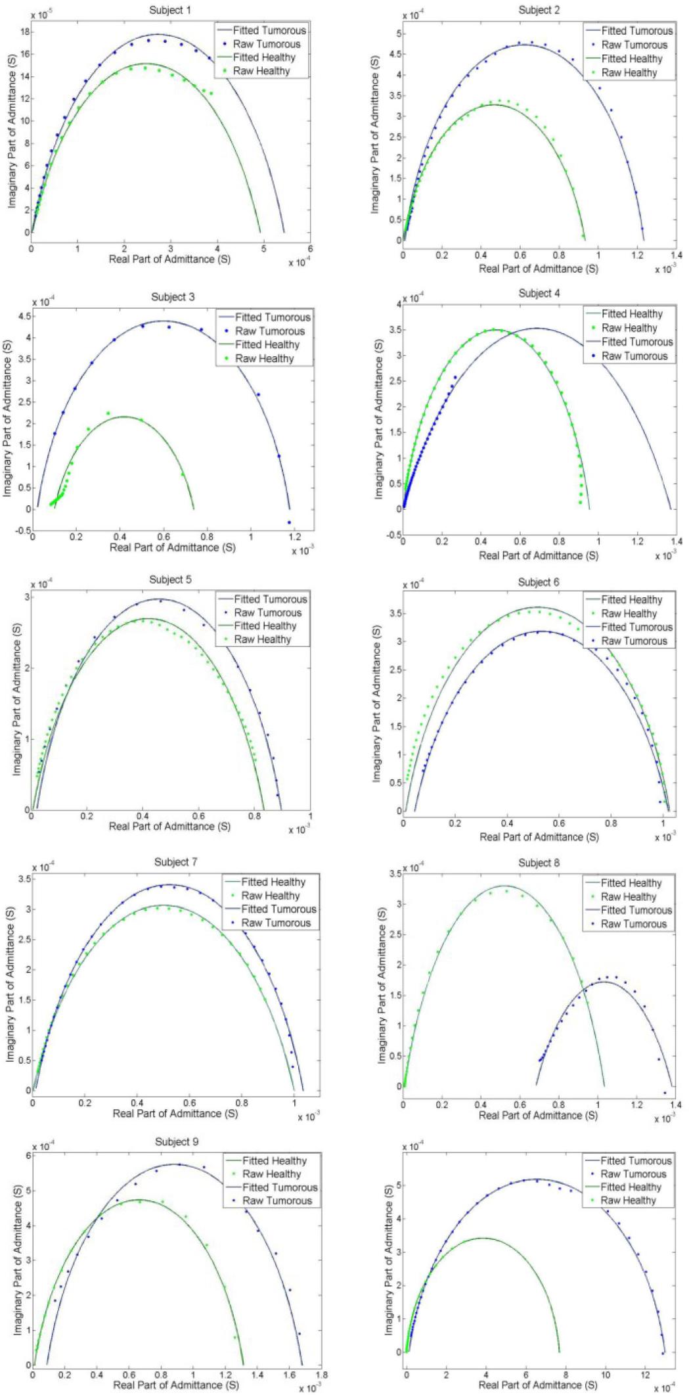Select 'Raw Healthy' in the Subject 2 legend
click(629, 72)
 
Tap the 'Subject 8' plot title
click(539, 862)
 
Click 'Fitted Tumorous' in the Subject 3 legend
click(273, 317)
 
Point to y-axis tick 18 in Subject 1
click(22, 32)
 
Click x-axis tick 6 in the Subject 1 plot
click(310, 249)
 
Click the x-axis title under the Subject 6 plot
click(539, 836)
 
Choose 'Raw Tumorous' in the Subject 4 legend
click(634, 355)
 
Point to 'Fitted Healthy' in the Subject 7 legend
click(273, 882)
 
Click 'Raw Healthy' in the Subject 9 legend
click(271, 1174)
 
